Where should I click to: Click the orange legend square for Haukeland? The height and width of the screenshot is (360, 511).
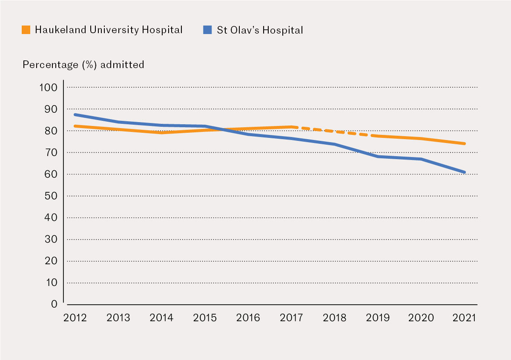pos(26,30)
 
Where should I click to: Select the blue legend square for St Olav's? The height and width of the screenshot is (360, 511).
pos(207,30)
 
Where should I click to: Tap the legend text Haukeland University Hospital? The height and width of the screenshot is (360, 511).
pos(109,30)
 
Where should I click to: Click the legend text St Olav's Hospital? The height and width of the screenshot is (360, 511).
pos(260,30)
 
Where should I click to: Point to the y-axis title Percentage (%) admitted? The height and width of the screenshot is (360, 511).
pos(83,65)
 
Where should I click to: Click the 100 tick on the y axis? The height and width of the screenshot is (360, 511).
pos(48,88)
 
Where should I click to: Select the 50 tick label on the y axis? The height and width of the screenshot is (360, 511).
pos(51,196)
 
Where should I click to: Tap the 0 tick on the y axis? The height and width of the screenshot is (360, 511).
pos(54,304)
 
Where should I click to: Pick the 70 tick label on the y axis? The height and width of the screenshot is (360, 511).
pos(51,153)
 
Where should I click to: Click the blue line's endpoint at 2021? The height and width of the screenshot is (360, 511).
pos(464,172)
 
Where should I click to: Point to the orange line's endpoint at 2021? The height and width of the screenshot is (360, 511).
pos(464,144)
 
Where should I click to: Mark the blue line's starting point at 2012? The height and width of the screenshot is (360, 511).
pos(75,114)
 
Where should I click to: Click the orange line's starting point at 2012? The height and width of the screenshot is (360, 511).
pos(75,126)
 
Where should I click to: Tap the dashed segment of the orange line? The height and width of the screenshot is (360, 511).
pos(335,131)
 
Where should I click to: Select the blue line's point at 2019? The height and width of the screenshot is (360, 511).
pos(378,157)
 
